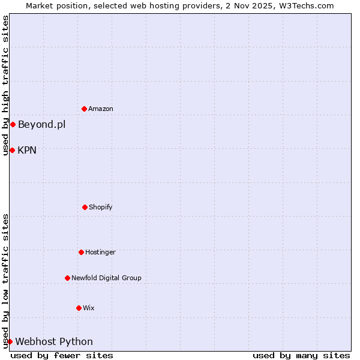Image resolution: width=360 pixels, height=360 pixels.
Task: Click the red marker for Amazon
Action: (85, 109)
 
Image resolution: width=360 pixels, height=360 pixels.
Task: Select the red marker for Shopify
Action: (85, 207)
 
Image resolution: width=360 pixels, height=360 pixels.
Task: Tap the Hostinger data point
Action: (81, 252)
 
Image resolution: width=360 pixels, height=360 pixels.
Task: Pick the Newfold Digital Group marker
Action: (67, 278)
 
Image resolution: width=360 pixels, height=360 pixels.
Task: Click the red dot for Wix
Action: (79, 308)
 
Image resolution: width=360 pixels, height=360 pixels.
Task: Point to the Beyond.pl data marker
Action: (13, 124)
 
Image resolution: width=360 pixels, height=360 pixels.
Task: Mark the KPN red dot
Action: (12, 150)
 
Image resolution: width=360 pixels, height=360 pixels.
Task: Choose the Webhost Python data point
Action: (10, 341)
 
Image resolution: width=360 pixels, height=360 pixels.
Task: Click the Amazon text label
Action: (101, 109)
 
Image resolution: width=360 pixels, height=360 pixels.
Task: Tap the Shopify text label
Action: (101, 208)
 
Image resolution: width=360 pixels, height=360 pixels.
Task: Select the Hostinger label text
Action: (100, 253)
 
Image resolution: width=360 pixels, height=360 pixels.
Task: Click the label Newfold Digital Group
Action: (106, 278)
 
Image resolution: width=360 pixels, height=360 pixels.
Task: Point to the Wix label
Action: (89, 308)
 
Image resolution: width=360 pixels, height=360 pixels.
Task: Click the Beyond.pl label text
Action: (41, 125)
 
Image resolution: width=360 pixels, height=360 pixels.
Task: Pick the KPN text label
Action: (27, 151)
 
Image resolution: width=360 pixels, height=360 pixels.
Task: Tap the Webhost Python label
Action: (54, 342)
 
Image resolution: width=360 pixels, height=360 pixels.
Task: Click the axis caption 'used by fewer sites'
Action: (62, 355)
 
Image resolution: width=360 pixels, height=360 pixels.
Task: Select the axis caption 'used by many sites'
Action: (301, 355)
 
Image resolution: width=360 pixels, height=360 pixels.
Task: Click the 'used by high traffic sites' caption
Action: (5, 85)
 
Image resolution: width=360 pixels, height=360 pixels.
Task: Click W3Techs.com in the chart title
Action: (304, 5)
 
